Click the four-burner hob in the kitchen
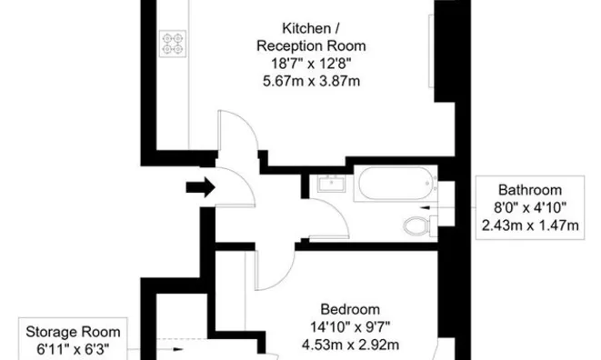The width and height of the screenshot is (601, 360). tap(173, 44)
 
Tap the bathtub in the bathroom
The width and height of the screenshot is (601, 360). tap(396, 184)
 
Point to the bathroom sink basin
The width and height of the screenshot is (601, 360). tap(332, 184)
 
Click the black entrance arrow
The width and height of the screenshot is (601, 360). tap(200, 187)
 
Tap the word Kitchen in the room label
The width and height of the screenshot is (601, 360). tap(306, 28)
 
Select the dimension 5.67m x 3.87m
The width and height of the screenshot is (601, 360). tap(311, 81)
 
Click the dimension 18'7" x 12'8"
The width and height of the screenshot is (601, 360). tap(311, 64)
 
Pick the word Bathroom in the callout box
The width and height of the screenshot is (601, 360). tap(530, 190)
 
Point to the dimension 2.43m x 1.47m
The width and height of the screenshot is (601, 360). tap(530, 225)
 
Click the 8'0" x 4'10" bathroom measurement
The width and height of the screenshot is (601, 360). tap(530, 207)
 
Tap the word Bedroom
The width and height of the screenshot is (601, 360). tap(350, 309)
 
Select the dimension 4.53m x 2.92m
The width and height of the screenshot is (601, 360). tap(350, 345)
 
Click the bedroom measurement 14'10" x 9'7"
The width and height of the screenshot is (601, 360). tap(350, 327)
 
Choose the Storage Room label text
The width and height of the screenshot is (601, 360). tap(73, 332)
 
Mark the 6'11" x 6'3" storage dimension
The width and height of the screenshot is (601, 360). tap(73, 349)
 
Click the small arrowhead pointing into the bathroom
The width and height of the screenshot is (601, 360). tap(426, 208)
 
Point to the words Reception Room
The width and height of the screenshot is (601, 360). tap(311, 46)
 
